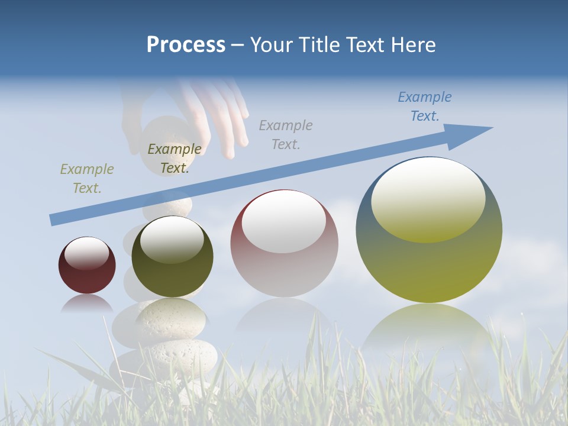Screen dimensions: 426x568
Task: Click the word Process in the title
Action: pos(186,45)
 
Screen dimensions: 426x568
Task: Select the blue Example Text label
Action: pos(424,106)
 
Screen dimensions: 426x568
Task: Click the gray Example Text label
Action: pos(285,134)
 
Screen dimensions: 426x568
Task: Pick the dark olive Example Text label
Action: pos(174,158)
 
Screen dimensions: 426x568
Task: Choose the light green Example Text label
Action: pos(86,178)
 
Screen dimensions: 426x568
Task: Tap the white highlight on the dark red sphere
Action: pos(86,253)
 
